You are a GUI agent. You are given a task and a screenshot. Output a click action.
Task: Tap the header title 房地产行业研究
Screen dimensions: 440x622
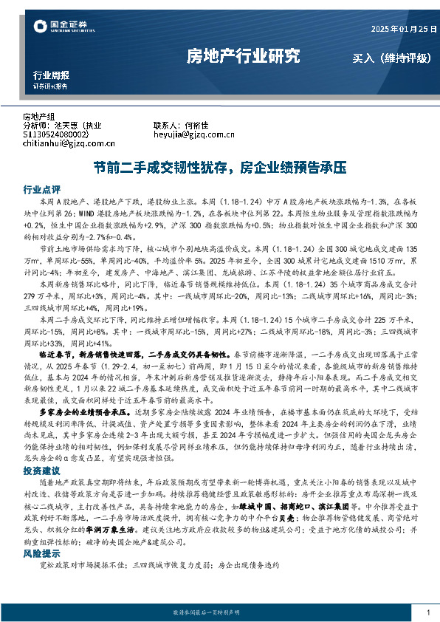[243, 55]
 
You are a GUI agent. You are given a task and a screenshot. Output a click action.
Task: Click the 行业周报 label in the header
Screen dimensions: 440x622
[52, 75]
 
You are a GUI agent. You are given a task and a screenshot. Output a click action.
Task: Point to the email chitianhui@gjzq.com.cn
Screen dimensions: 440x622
[64, 143]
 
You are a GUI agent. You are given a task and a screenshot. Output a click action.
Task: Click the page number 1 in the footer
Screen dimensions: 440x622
[428, 612]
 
